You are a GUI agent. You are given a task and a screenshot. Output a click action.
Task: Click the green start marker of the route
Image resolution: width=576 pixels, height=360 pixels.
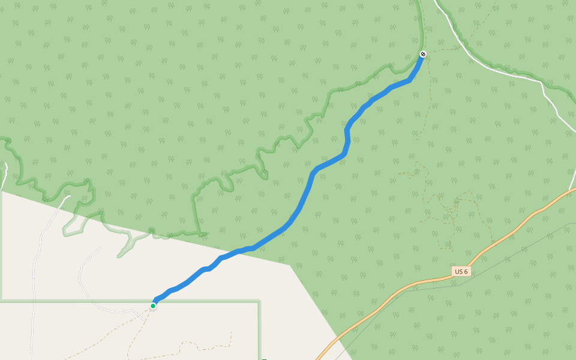coord(153,306)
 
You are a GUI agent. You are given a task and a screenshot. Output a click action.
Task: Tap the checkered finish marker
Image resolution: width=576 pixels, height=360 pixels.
coord(423,55)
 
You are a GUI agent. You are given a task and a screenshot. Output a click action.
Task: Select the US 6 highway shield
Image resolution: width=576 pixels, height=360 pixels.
coord(461,272)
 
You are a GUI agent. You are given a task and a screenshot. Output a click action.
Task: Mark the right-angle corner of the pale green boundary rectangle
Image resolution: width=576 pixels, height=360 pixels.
coord(259,302)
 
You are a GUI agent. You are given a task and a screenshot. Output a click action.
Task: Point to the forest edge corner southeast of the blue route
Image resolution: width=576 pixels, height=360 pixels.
coord(290,265)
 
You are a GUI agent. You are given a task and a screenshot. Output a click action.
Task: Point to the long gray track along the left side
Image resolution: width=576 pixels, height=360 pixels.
coord(33,300)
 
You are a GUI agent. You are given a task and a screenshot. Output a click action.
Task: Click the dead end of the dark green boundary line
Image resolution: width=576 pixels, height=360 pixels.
coord(207,234)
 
